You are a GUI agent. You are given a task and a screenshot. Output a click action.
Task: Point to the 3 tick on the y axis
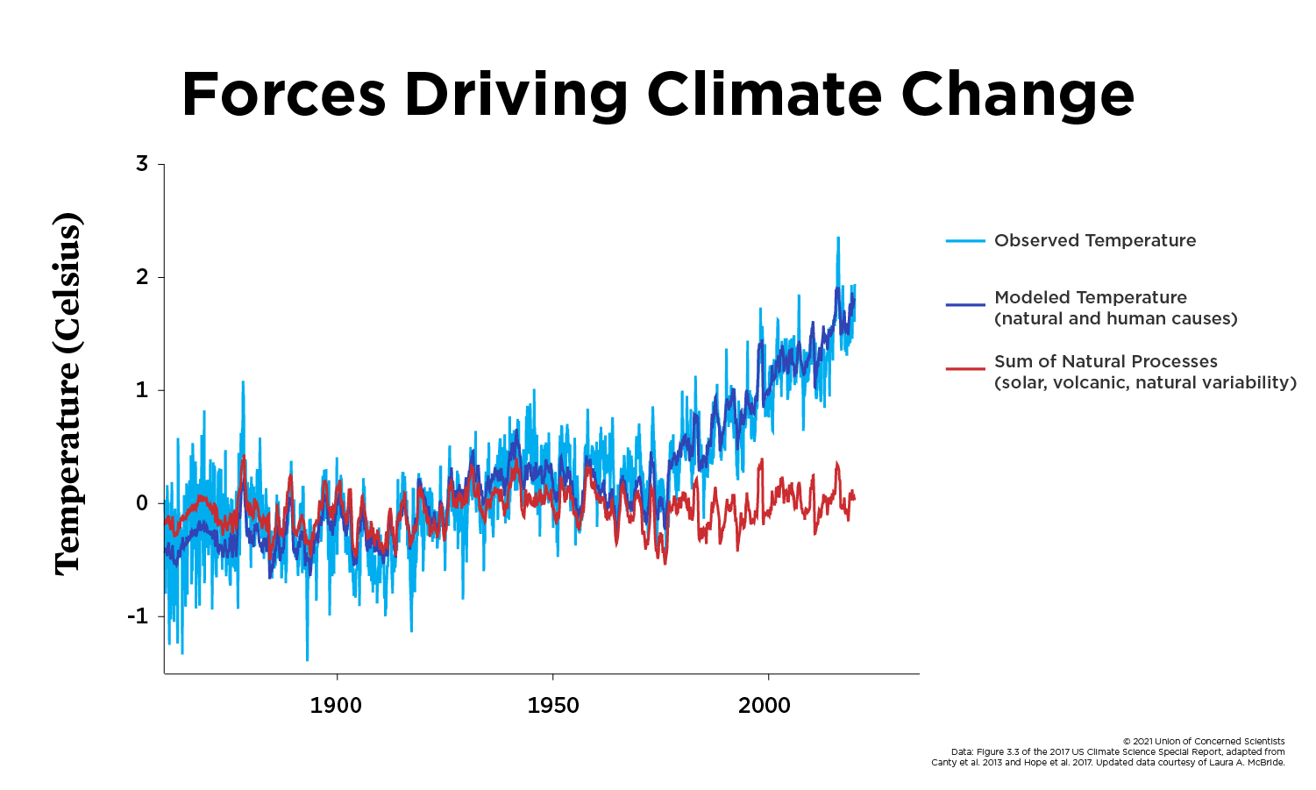tap(142, 164)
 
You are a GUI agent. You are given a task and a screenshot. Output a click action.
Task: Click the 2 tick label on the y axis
tap(142, 277)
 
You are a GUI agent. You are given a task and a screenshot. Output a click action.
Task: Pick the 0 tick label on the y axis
tap(142, 503)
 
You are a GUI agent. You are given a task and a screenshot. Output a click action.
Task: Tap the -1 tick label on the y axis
tap(139, 616)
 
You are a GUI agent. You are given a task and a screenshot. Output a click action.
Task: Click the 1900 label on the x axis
tap(336, 706)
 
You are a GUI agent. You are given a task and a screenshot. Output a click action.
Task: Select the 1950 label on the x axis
tap(552, 706)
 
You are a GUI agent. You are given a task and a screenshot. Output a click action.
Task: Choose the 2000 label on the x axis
tap(765, 706)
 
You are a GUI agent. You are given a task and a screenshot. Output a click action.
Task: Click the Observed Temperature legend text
tap(1094, 240)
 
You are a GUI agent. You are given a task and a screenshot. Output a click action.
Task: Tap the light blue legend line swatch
tap(965, 240)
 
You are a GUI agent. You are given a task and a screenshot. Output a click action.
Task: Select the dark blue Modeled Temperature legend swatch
tap(965, 304)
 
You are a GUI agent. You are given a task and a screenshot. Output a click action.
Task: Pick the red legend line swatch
tap(965, 368)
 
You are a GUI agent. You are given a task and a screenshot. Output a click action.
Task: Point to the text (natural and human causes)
tap(1115, 318)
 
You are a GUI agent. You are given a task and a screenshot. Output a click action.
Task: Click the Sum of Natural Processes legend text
tap(1106, 361)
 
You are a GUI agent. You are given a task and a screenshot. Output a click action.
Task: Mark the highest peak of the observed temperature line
tap(838, 238)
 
